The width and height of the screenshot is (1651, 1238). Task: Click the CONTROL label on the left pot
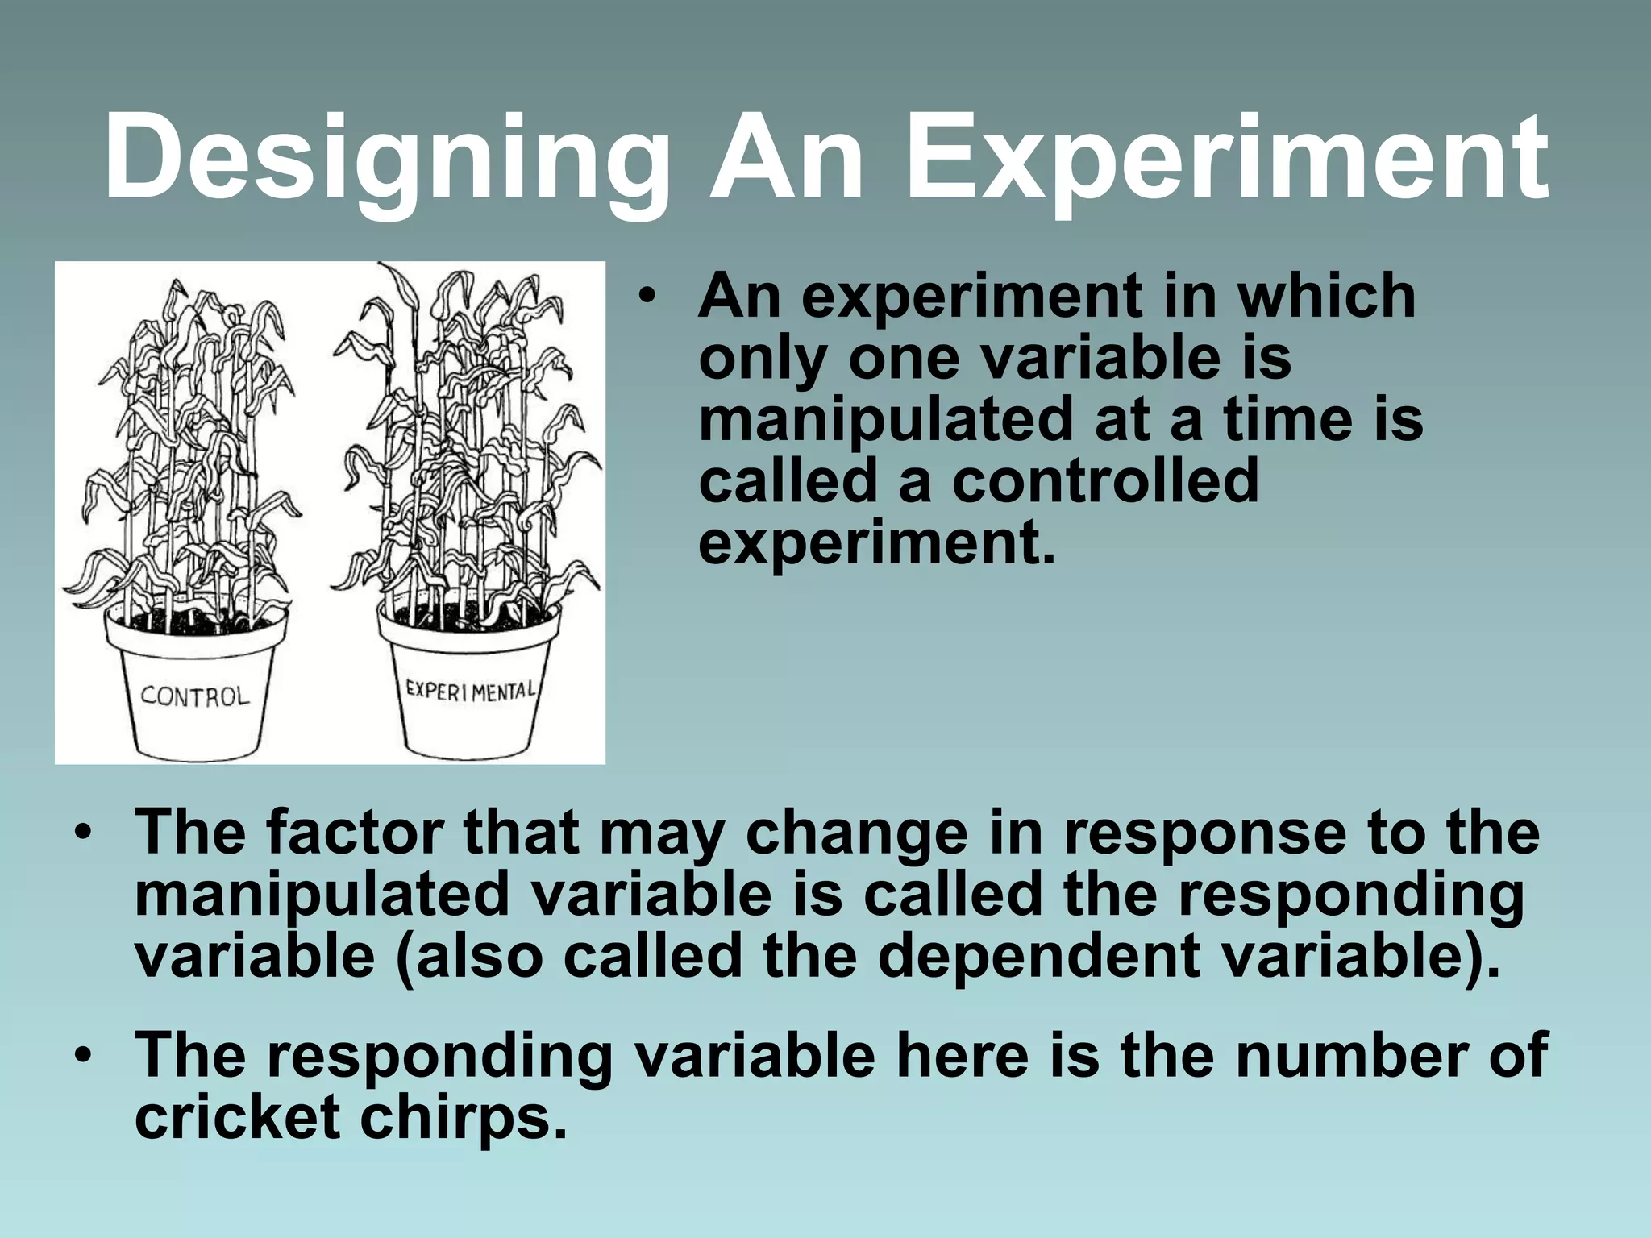coord(195,696)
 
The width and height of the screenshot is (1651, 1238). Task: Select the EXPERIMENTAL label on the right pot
coord(470,691)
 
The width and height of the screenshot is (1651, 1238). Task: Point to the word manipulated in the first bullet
coord(885,421)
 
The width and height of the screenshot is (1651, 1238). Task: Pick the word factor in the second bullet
coord(355,832)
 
